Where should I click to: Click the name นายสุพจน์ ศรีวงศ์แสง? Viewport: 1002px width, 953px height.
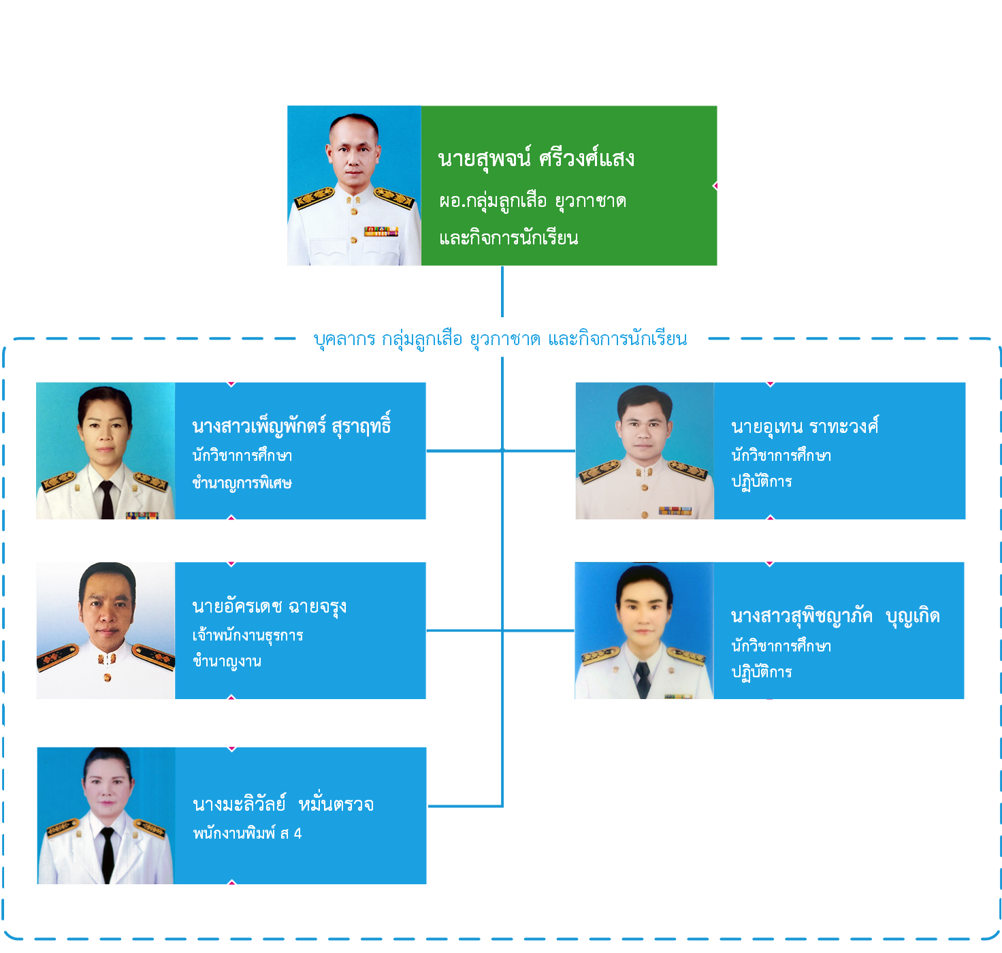point(536,159)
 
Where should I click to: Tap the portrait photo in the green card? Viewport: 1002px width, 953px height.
point(354,185)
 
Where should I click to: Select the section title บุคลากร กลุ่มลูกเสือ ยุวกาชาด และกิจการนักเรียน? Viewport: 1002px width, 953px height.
point(500,338)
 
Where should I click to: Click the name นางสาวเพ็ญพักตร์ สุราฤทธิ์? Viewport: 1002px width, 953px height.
point(291,426)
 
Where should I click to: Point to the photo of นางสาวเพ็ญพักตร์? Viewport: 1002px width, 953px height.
point(106,451)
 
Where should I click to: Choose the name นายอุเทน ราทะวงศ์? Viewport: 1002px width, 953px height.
point(805,427)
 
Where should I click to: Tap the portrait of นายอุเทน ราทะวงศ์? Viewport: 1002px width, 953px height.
point(645,451)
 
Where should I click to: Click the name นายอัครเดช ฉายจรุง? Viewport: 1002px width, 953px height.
point(270,606)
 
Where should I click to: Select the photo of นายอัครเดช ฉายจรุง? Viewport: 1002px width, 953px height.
point(106,630)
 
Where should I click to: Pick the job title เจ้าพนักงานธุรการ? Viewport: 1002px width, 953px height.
point(248,635)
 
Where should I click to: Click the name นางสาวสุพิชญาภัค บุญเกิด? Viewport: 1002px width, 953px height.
point(835,616)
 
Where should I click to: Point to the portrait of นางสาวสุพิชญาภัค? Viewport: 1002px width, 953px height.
point(644,630)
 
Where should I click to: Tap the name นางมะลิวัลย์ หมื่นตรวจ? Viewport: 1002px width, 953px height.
point(283,805)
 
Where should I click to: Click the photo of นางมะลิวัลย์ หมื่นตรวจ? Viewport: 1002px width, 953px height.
point(106,815)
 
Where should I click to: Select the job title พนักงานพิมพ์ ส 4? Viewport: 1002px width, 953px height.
point(247,833)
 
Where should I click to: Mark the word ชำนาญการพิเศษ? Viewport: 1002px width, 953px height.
point(242,483)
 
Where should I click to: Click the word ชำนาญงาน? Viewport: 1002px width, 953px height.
point(227,661)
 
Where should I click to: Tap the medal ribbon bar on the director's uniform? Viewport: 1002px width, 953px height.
point(381,232)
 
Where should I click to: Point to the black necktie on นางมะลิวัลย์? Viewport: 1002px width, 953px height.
point(108,854)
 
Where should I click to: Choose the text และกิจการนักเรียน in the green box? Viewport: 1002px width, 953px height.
point(508,238)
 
